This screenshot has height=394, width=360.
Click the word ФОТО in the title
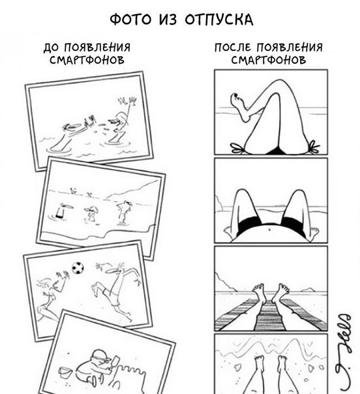(x=131, y=20)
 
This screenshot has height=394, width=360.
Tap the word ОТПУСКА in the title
(x=219, y=20)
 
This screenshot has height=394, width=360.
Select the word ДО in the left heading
(x=53, y=47)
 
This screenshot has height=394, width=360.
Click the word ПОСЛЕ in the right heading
(x=233, y=47)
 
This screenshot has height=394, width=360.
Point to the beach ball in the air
(x=78, y=268)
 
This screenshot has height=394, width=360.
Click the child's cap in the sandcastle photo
(x=100, y=355)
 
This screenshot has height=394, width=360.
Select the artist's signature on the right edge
(x=343, y=352)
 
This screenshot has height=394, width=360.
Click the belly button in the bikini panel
(x=270, y=229)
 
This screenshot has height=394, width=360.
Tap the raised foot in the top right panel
(x=239, y=106)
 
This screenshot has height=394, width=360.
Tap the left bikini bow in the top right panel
(x=238, y=148)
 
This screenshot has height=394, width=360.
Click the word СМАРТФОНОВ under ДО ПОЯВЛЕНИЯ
(x=87, y=60)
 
